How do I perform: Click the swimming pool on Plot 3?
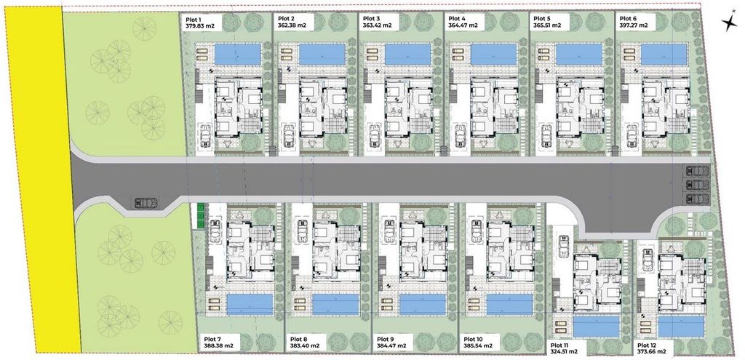coord(407,54)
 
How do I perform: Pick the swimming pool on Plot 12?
coord(681,327)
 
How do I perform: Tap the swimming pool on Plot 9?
coord(423,305)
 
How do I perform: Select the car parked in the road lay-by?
coord(146,203)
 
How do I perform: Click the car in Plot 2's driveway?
coord(289,136)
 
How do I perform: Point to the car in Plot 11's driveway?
coord(564,246)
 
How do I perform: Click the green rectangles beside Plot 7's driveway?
coord(201,216)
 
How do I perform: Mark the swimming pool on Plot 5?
coord(578,54)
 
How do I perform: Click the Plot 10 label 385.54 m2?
coord(478,345)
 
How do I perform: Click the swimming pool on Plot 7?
coord(250,305)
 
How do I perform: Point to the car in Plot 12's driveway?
coord(647,260)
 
